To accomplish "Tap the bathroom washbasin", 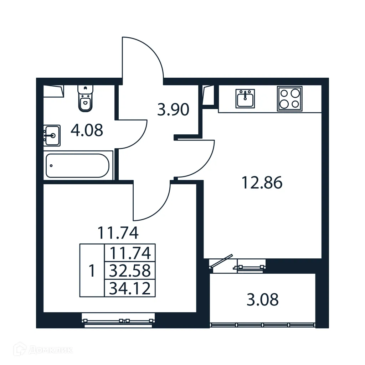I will [x=52, y=135].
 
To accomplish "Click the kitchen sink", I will [x=245, y=98].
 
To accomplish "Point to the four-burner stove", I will [x=289, y=98].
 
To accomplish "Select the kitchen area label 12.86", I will [x=262, y=183].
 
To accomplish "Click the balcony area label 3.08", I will [x=262, y=300].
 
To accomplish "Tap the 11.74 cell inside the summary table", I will [x=130, y=253].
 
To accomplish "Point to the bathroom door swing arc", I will [x=137, y=134].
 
